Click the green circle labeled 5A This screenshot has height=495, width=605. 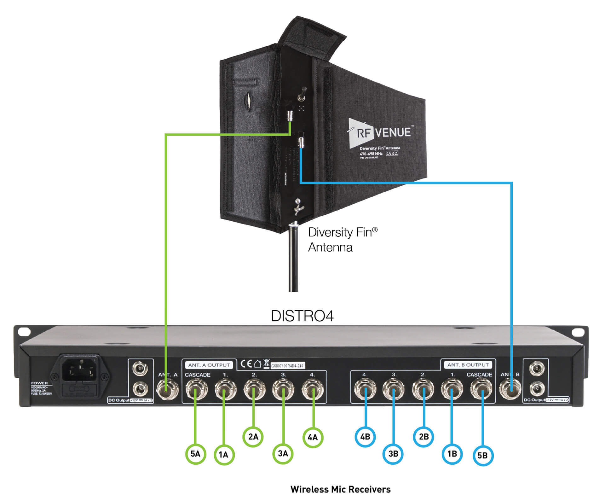pyautogui.click(x=195, y=454)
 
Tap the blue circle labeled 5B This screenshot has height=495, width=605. pyautogui.click(x=483, y=455)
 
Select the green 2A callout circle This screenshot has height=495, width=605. pyautogui.click(x=253, y=437)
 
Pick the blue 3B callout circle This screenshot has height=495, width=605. pyautogui.click(x=393, y=454)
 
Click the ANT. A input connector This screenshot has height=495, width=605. pyautogui.click(x=167, y=390)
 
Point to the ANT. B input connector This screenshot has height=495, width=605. pyautogui.click(x=510, y=390)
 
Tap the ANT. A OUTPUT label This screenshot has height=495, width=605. pyautogui.click(x=209, y=365)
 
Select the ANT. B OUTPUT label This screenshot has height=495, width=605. pyautogui.click(x=468, y=365)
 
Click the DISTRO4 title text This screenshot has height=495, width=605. pyautogui.click(x=302, y=316)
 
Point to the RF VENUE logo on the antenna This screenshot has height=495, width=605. pyautogui.click(x=380, y=133)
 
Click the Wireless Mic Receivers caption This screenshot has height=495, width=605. pyautogui.click(x=340, y=489)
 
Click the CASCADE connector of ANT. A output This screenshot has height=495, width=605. pyautogui.click(x=196, y=390)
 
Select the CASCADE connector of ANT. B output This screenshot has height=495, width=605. pyautogui.click(x=481, y=390)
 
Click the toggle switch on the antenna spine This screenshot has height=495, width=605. pyautogui.click(x=302, y=95)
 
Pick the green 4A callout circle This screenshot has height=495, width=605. pyautogui.click(x=313, y=437)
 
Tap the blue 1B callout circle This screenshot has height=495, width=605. pyautogui.click(x=452, y=454)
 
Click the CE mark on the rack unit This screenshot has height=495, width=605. pyautogui.click(x=246, y=364)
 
